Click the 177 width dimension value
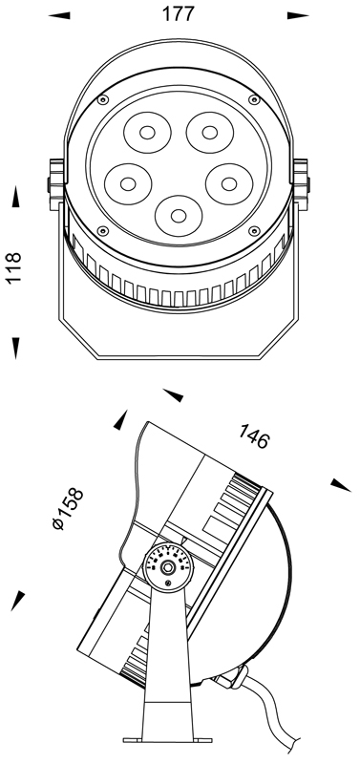pos(179,14)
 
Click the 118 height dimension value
pos(13,267)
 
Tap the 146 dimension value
pos(253,436)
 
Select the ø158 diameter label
pos(68,509)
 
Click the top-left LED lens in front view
pos(147,132)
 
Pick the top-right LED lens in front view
pos(209,132)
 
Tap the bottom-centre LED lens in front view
pos(179,216)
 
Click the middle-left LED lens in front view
pos(128,183)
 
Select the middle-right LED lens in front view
pos(229,183)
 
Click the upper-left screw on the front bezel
pos(102,100)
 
